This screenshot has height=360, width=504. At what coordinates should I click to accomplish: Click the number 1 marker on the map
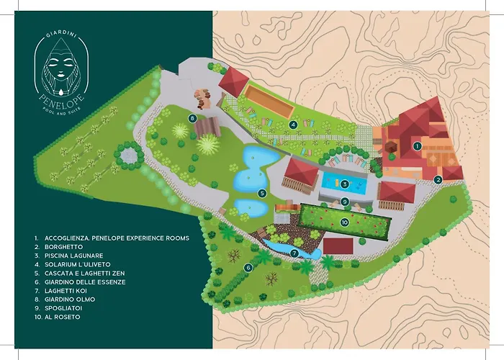coord(416,145)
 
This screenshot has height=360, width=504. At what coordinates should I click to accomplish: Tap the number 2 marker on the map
coord(438,180)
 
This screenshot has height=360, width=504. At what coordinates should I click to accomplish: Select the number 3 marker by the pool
coord(345,183)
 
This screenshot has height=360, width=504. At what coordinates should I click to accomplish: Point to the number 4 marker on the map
coord(293,124)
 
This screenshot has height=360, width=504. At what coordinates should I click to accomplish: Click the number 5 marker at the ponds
coord(262,193)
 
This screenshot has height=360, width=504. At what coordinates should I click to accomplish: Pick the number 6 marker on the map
coord(248,267)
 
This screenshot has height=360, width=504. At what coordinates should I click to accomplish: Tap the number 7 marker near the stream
coord(294,253)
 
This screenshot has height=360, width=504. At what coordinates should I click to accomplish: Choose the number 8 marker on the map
coord(192,117)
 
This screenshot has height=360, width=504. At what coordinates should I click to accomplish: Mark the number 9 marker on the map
coord(345,201)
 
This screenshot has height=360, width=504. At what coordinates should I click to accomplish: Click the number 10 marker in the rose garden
coord(345,222)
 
